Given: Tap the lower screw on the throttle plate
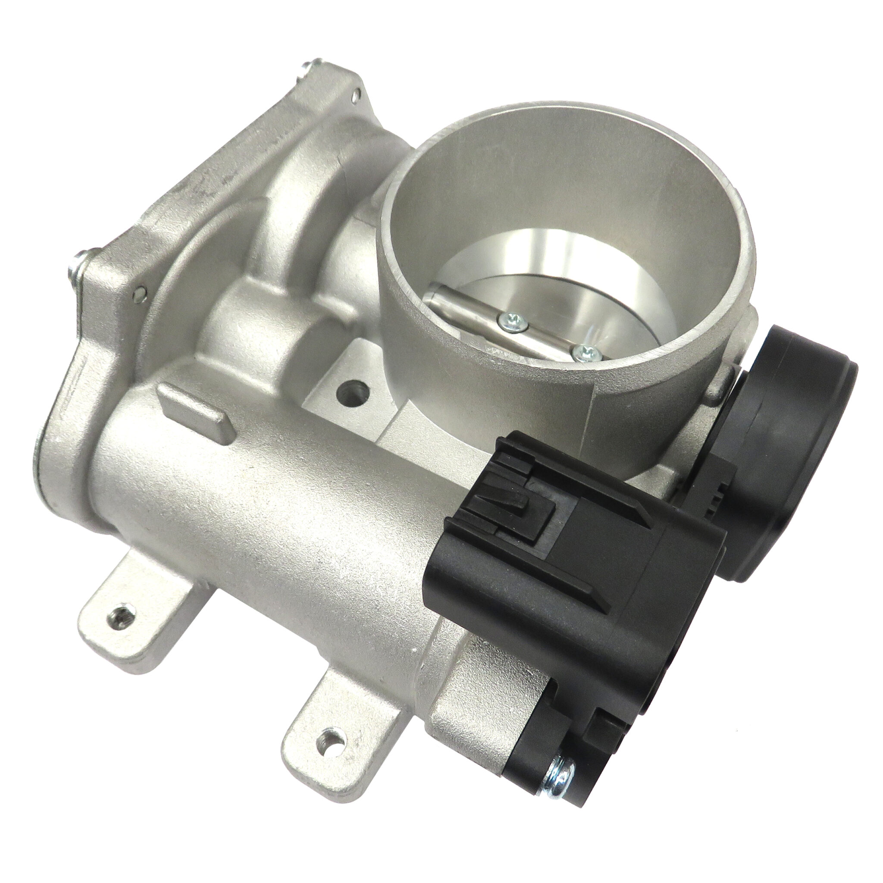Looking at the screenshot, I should tap(582, 351).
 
